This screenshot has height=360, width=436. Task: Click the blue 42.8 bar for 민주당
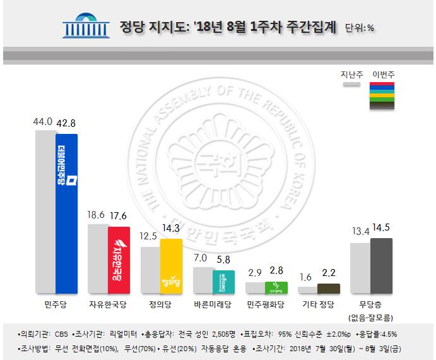point(67,214)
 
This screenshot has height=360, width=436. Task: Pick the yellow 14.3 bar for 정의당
point(172,266)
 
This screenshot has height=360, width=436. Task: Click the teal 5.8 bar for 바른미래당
point(224,282)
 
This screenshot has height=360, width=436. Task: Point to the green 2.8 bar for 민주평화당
point(276,287)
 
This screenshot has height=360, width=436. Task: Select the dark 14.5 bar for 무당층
point(381,266)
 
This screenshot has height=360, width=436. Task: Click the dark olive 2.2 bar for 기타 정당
point(328,289)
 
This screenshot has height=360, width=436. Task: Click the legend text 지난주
point(351,75)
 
